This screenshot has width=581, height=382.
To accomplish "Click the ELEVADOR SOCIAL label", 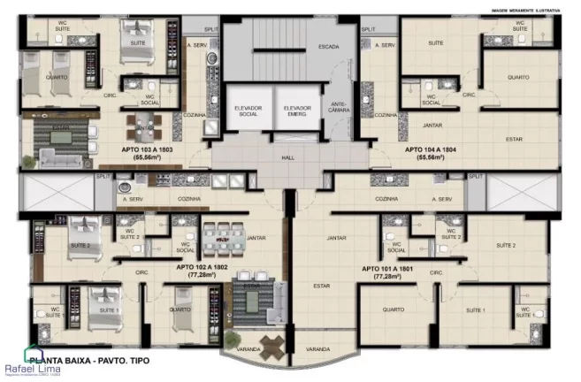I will click(248, 111).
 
